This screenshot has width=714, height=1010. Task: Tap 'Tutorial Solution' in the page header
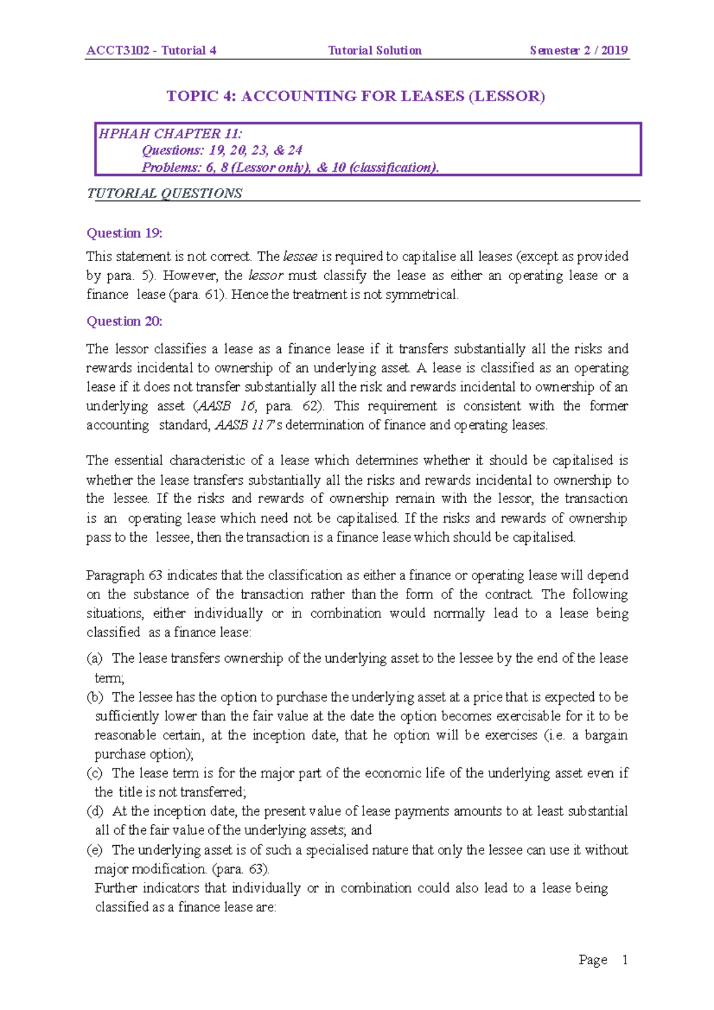click(375, 51)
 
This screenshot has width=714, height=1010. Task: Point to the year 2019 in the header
click(614, 51)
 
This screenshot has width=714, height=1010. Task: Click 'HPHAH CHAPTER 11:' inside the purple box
click(170, 134)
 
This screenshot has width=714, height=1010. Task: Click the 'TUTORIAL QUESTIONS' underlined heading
click(164, 194)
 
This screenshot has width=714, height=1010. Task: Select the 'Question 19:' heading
click(124, 233)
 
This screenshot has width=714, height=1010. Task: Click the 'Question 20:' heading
click(124, 322)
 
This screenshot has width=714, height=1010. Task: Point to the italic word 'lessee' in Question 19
click(300, 257)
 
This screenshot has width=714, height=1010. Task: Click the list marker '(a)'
click(95, 658)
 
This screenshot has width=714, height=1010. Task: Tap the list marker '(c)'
click(95, 773)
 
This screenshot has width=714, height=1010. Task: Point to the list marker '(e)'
click(95, 850)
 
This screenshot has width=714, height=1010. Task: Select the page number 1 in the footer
click(625, 959)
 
